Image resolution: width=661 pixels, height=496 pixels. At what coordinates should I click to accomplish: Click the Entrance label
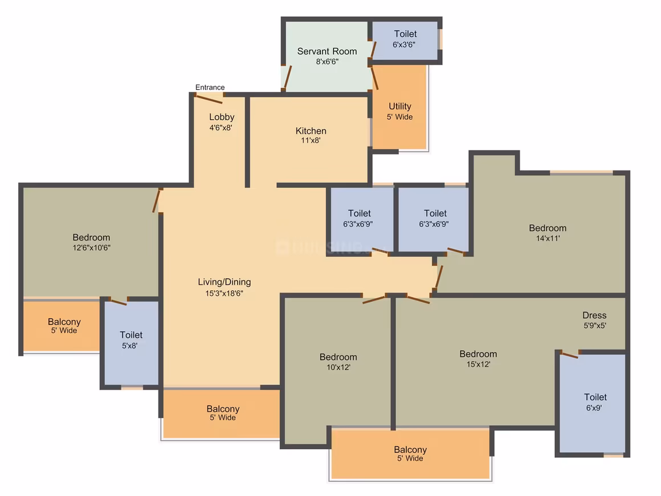[210, 87]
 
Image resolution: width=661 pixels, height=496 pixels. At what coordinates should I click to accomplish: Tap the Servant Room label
[327, 51]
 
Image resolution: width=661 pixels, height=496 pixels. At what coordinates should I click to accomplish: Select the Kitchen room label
[311, 131]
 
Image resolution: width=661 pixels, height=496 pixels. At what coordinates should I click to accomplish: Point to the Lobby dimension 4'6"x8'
[221, 127]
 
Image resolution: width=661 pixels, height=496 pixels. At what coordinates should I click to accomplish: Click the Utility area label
[399, 106]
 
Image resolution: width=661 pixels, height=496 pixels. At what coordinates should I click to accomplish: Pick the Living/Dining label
[225, 282]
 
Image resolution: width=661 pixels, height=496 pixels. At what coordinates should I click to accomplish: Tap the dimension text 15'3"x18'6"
[225, 294]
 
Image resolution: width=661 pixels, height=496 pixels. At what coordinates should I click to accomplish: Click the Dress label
[594, 315]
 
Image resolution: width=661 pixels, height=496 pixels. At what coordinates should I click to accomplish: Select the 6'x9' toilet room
[593, 403]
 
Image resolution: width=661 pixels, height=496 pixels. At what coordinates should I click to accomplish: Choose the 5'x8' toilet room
[132, 343]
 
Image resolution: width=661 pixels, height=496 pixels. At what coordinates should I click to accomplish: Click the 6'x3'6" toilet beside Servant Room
[405, 40]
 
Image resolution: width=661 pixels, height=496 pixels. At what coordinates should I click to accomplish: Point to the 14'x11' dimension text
[548, 238]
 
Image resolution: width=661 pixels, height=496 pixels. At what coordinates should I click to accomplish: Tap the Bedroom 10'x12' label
[338, 357]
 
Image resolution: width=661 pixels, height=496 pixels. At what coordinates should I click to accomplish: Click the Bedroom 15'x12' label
[478, 354]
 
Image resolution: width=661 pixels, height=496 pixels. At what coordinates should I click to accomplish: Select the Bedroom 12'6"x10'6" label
[92, 238]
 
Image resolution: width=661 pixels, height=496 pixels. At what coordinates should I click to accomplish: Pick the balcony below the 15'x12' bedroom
[411, 454]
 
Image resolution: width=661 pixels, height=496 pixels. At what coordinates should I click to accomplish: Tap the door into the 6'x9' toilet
[569, 355]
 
